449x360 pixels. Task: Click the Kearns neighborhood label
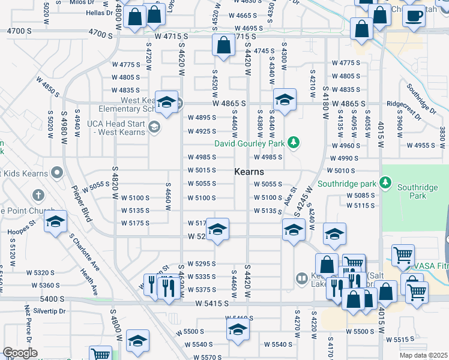click(x=249, y=172)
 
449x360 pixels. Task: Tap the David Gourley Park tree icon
click(x=294, y=143)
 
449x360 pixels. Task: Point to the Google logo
click(x=20, y=353)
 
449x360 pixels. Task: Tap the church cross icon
click(x=38, y=196)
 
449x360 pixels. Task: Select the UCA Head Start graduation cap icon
click(x=154, y=127)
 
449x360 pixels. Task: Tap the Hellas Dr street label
click(x=100, y=12)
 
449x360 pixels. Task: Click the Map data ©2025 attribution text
click(x=424, y=355)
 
